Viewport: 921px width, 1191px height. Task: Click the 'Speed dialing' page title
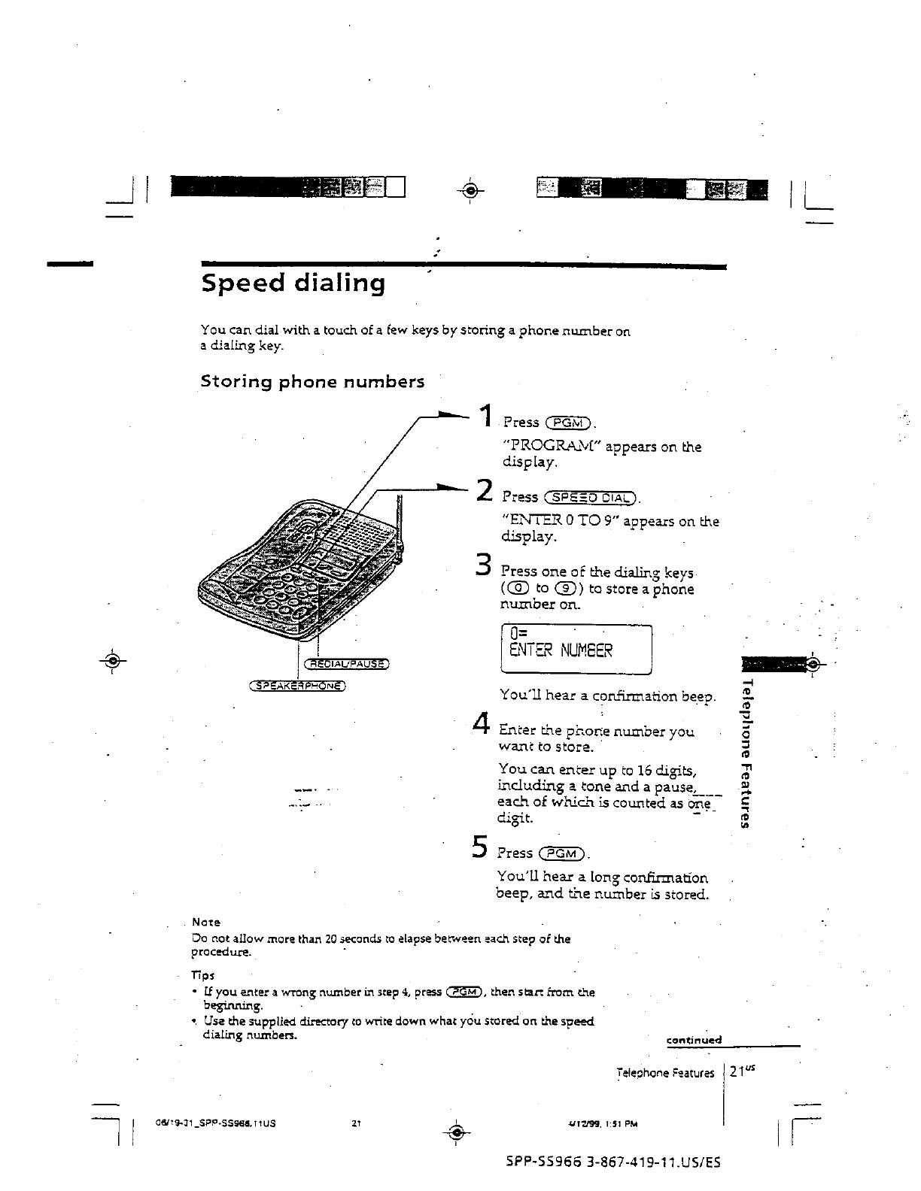(x=293, y=283)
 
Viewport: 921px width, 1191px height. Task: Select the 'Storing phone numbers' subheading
(x=312, y=382)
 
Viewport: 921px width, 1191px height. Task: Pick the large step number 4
(x=482, y=723)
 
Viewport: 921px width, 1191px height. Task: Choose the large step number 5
(x=479, y=847)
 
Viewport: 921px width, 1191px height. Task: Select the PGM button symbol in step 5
(x=563, y=853)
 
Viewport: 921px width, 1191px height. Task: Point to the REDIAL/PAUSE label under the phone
(x=345, y=664)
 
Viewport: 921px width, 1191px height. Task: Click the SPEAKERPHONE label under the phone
(x=298, y=686)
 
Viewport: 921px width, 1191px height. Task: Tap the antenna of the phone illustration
(x=399, y=526)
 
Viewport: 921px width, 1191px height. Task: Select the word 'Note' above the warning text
(x=205, y=922)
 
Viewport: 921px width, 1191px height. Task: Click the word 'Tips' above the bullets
(x=203, y=975)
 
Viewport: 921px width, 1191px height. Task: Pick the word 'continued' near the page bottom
(x=694, y=1041)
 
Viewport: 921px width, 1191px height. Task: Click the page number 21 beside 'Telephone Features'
(x=736, y=1074)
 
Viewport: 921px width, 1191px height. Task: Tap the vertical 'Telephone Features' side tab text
(x=747, y=752)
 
